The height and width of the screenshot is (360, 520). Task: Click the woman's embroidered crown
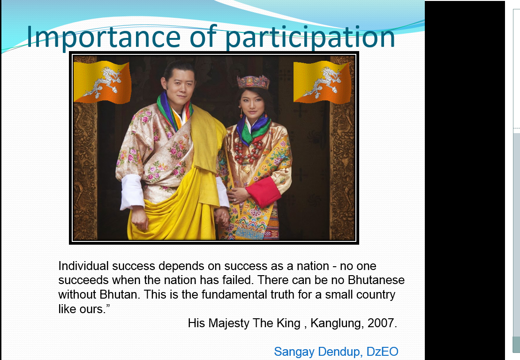tap(253, 82)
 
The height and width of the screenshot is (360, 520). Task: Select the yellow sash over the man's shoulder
tap(206, 141)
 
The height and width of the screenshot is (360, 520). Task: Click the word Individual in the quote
tap(83, 266)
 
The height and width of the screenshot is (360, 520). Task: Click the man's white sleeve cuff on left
tap(131, 192)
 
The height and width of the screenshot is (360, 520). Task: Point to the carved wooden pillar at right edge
tap(342, 150)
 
